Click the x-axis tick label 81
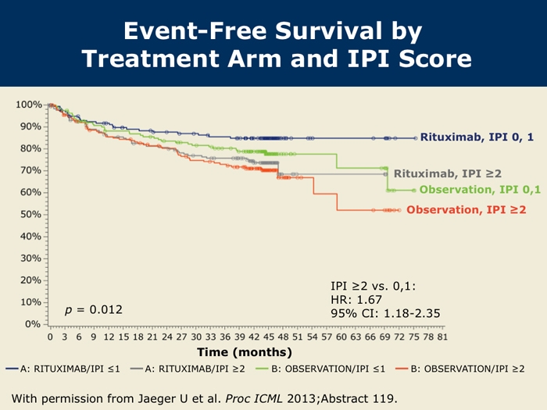pyautogui.click(x=442, y=337)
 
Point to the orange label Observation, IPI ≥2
pyautogui.click(x=466, y=210)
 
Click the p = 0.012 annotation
pyautogui.click(x=93, y=310)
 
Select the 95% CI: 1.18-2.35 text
pyautogui.click(x=386, y=314)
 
